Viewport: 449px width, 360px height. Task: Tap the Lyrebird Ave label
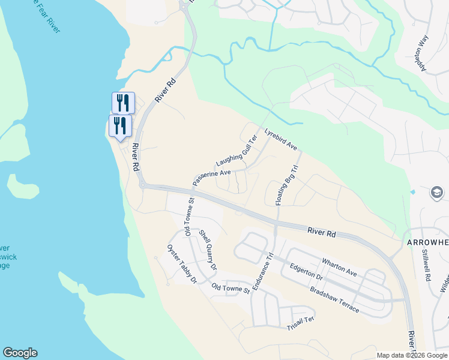(280, 139)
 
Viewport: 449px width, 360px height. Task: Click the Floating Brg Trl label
(286, 186)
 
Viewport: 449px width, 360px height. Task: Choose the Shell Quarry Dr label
(208, 250)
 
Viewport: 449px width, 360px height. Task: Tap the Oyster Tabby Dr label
(182, 265)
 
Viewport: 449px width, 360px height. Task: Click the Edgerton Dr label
(306, 273)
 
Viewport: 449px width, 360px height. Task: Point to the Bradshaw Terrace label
(334, 299)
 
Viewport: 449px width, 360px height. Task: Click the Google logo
(20, 353)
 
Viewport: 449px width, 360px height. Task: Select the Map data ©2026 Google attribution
(412, 355)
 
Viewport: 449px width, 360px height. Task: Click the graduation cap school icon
(437, 193)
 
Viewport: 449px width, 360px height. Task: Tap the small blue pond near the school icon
(413, 192)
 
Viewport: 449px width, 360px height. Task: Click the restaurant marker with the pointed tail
(120, 127)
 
